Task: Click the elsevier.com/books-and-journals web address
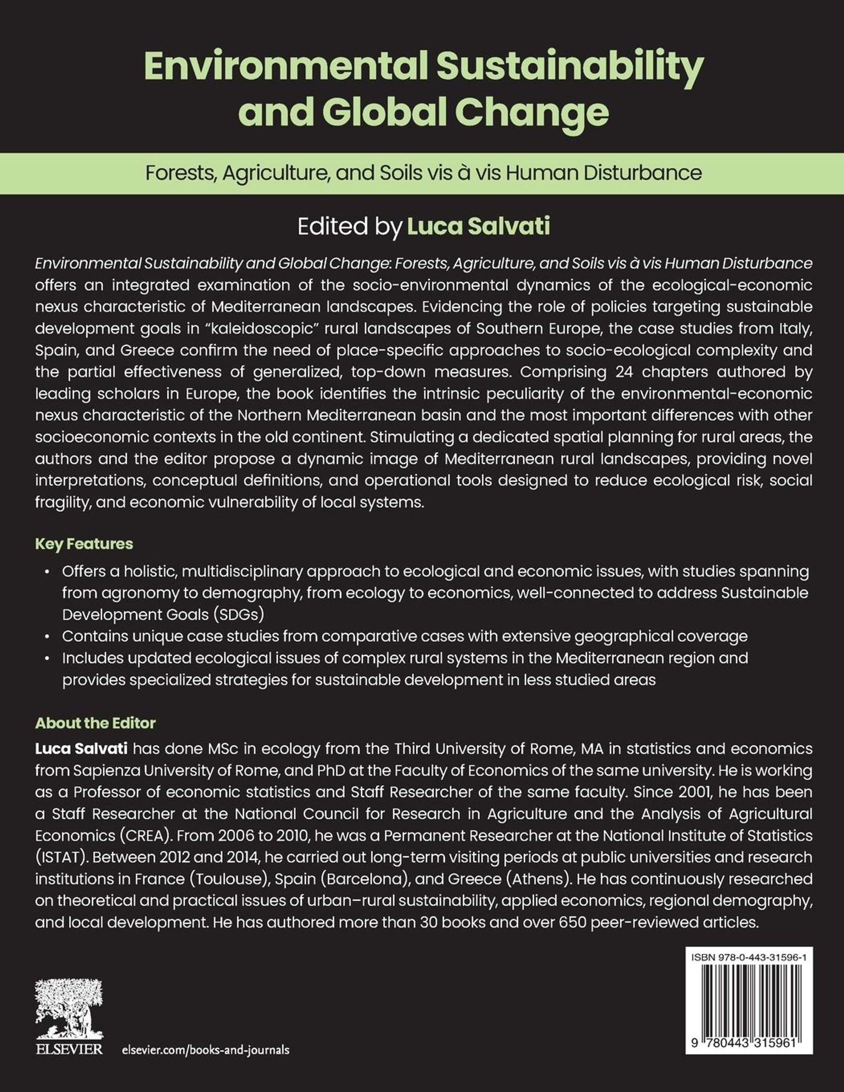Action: (x=205, y=1049)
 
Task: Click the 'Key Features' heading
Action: (x=84, y=544)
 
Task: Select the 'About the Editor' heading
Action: (x=96, y=723)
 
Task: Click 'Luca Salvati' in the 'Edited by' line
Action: (x=479, y=226)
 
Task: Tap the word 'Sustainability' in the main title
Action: (x=570, y=68)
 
